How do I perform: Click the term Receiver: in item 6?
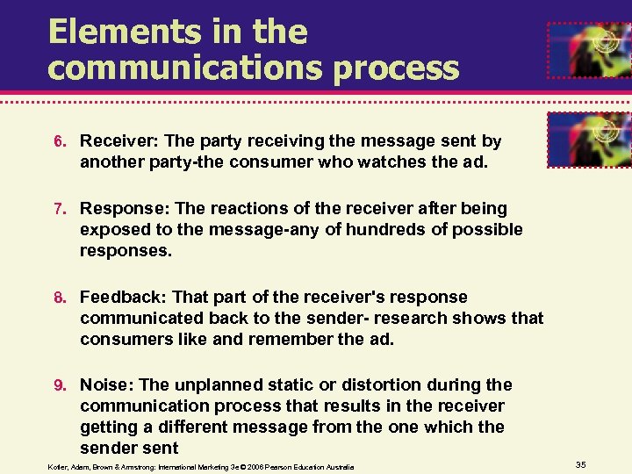click(119, 140)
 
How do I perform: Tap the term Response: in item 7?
click(125, 209)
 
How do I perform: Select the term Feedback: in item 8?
click(125, 297)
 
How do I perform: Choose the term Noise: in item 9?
click(106, 384)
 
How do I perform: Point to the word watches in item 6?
click(336, 162)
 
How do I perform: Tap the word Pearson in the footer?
click(281, 467)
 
